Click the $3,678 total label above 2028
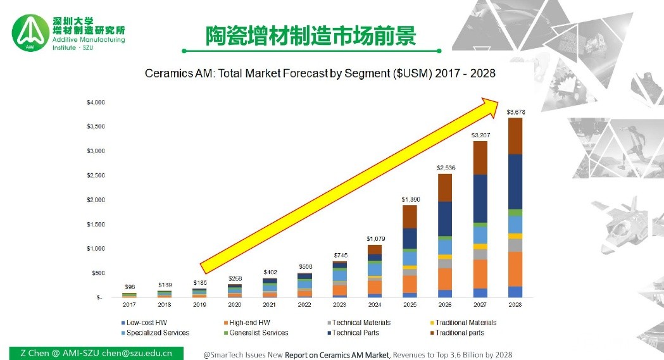[x=515, y=112]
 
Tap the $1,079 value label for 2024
[x=376, y=239]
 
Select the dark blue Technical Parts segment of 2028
[x=515, y=182]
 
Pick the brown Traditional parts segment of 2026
[x=446, y=187]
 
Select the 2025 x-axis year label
[x=410, y=305]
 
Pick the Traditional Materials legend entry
[x=465, y=323]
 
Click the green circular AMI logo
[x=30, y=35]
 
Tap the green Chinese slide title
[x=310, y=36]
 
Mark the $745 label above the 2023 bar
[x=341, y=255]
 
